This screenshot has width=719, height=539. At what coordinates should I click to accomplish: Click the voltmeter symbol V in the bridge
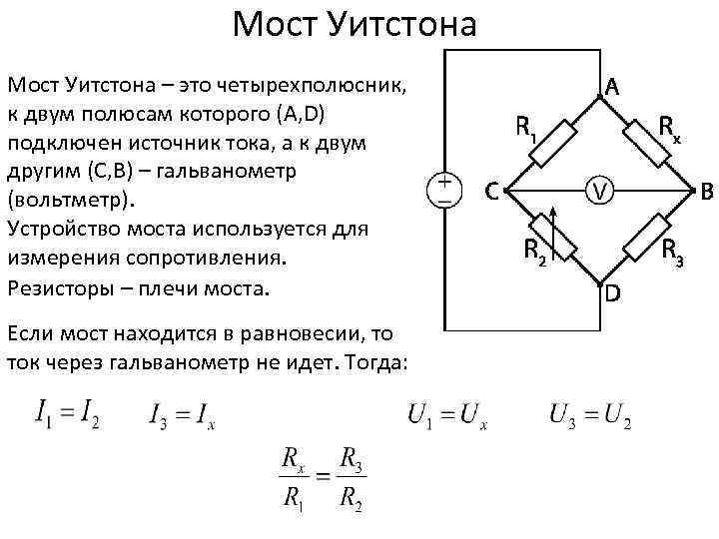pos(597,189)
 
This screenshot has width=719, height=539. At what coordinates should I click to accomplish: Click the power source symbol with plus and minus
pos(443,189)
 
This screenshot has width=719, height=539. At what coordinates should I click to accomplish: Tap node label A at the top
pos(612,88)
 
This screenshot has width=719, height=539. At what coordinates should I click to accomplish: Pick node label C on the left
pos(492,190)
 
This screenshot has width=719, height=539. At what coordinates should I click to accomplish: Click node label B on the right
pos(707,190)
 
